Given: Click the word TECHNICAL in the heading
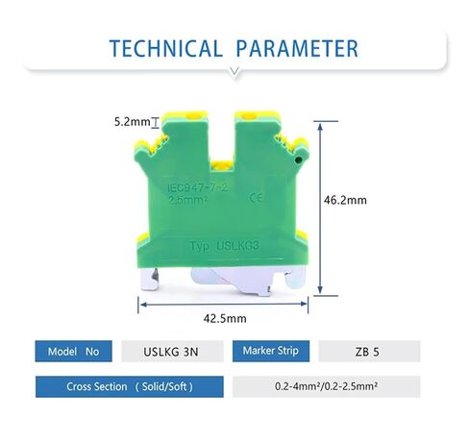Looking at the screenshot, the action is (165, 48).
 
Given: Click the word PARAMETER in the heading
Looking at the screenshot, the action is (297, 48).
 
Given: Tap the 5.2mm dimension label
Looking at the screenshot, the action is (132, 122).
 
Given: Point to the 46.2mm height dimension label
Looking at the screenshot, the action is (345, 200).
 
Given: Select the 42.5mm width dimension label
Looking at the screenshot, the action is (225, 318).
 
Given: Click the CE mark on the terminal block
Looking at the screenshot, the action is (256, 198).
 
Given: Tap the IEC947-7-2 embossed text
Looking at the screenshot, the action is (198, 187).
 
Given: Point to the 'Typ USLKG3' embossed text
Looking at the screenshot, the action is (224, 246).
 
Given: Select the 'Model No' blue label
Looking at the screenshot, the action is (73, 352).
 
